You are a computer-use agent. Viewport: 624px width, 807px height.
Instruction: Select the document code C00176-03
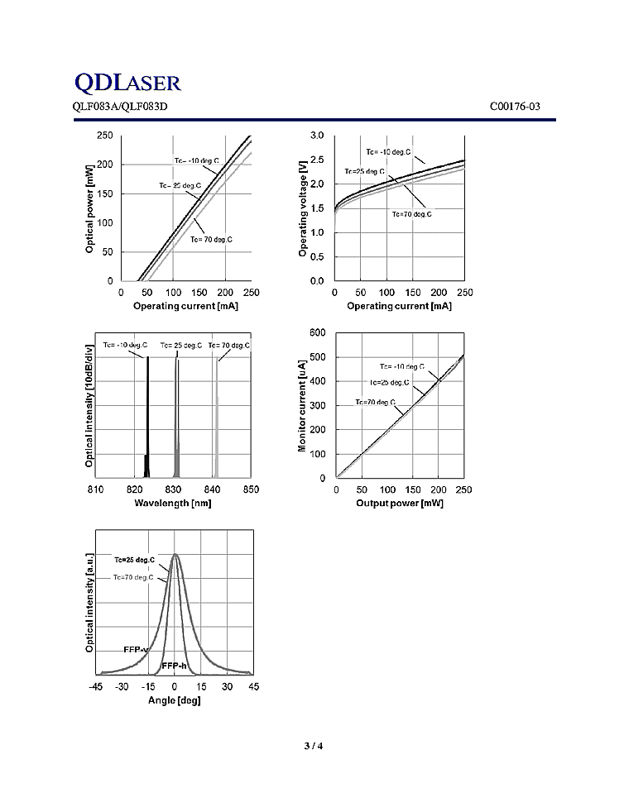tap(516, 106)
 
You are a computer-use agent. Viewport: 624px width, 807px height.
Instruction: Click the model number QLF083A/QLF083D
tap(121, 106)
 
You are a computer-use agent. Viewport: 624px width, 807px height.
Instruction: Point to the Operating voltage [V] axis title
tap(303, 208)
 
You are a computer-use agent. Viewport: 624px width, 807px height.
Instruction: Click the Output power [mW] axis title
tap(400, 504)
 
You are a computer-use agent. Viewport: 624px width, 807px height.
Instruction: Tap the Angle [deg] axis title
tap(174, 700)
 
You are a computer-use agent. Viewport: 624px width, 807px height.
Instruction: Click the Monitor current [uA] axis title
tap(303, 405)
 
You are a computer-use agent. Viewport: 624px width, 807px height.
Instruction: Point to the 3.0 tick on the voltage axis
tap(317, 136)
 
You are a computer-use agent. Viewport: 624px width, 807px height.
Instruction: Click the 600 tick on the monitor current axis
tap(318, 332)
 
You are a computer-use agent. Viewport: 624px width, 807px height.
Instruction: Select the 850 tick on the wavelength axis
tap(251, 489)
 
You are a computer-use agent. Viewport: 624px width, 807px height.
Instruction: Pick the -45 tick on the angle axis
tap(96, 687)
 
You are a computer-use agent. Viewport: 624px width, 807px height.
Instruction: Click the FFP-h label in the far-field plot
tap(175, 666)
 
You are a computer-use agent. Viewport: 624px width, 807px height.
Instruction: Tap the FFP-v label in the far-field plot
tap(135, 650)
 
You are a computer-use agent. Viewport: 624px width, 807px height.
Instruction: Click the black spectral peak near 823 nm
tap(147, 413)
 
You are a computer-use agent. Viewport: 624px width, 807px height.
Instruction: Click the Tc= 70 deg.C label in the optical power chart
tap(212, 240)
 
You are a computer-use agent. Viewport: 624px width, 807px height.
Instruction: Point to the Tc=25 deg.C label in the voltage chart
tap(365, 171)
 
